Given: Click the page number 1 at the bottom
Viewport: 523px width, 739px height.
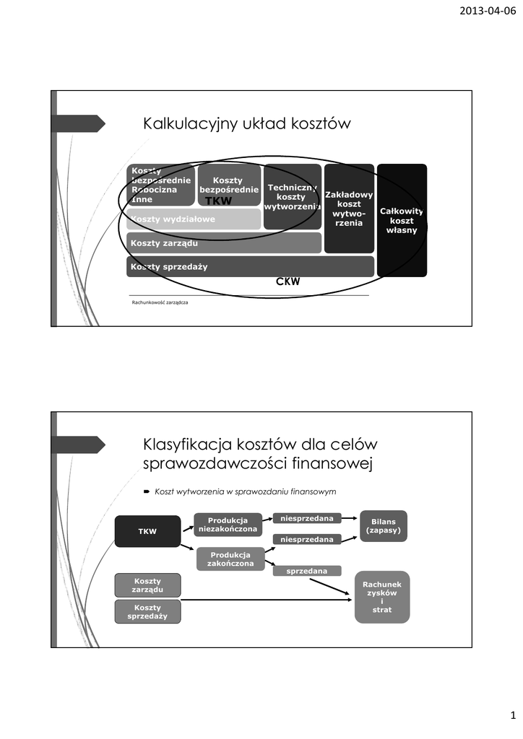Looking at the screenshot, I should coord(511,715).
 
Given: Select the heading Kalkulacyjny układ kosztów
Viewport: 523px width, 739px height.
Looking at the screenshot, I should coord(247,124).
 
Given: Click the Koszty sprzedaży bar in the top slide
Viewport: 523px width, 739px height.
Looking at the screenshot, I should coord(250,266).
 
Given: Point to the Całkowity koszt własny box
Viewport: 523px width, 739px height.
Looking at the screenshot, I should coord(402,220).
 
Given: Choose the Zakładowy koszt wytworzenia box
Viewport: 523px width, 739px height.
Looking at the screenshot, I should coord(349,209).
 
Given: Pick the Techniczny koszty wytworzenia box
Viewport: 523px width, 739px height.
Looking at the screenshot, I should coord(292,196).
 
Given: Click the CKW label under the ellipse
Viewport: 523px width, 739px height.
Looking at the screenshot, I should coord(288,282).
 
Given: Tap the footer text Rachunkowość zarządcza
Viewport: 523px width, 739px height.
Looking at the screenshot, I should coord(160,302).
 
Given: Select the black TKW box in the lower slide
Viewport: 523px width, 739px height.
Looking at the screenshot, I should coord(147,531).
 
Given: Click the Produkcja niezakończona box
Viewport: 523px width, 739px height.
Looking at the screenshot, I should coord(228,525).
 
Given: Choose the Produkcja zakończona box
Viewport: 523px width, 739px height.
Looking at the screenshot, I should coord(230,559).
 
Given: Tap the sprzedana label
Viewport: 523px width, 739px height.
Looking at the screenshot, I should coord(306,571).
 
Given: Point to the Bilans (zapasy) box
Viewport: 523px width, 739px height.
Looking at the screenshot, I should coord(383,525).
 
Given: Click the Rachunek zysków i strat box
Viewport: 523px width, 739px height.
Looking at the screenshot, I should coord(381,596).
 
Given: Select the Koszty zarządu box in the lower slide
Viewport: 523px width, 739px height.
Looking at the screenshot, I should coord(147,585).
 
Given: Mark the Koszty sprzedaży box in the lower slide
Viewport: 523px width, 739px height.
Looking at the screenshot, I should coord(147,612).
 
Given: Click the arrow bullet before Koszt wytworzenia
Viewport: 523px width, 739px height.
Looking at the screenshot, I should coord(147,491).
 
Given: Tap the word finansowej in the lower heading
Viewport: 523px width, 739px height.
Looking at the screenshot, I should coord(324,464).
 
